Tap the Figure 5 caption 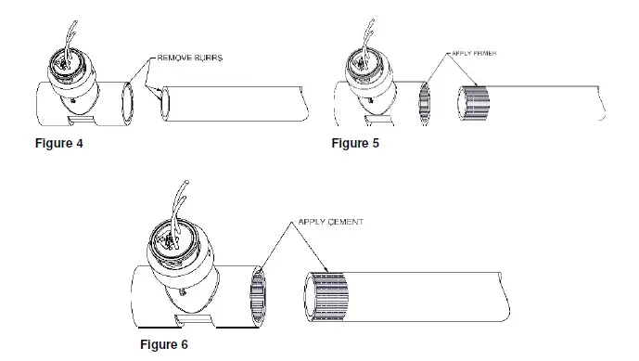pos(355,143)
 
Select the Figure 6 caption pos(163,343)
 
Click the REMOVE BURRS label pos(189,58)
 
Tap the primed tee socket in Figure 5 pos(426,98)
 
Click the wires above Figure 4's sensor pos(70,28)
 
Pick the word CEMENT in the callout pos(346,223)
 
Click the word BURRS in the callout pos(209,58)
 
